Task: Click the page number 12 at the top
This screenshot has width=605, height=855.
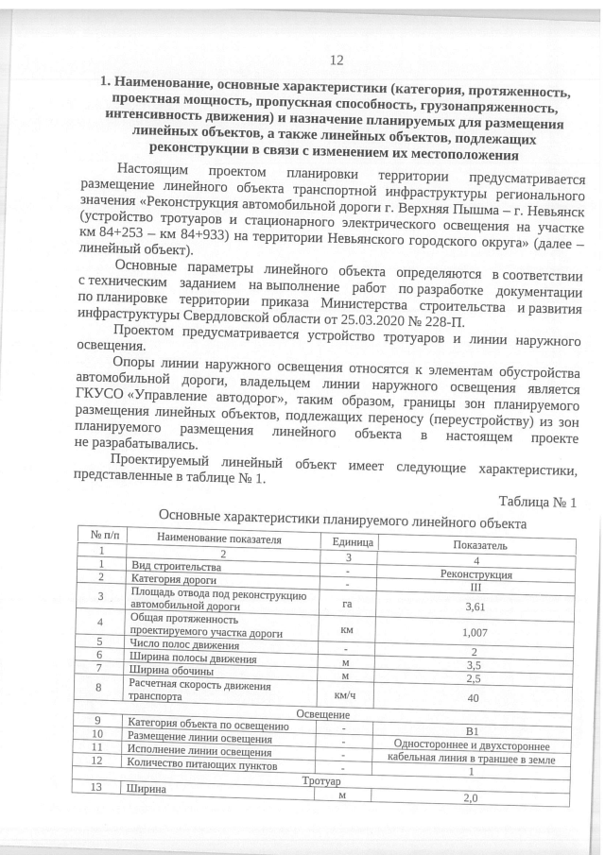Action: (x=337, y=60)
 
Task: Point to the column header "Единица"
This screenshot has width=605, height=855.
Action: (x=353, y=542)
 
